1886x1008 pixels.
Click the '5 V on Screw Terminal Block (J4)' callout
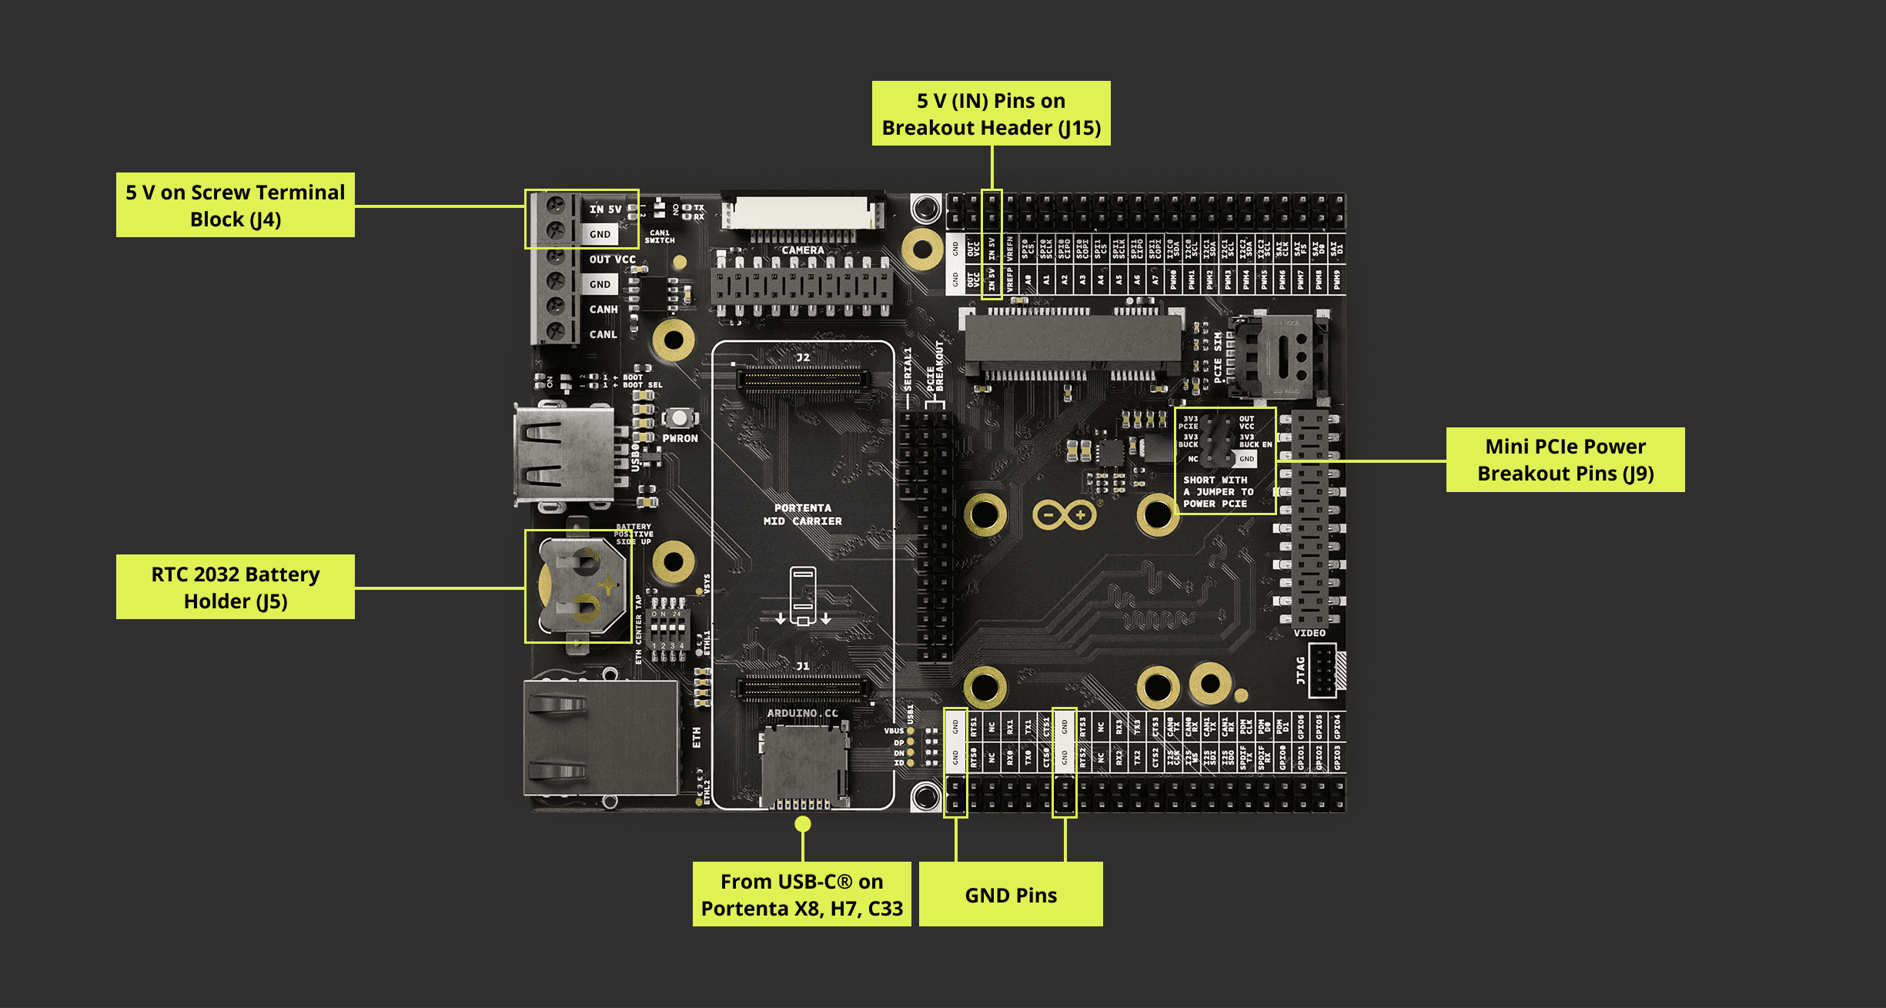(x=235, y=205)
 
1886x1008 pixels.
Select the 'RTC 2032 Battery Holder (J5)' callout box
(x=235, y=587)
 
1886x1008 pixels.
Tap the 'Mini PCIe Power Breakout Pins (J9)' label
(x=1565, y=460)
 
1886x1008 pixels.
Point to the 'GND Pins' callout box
(x=1010, y=895)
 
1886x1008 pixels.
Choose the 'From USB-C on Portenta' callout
(x=801, y=894)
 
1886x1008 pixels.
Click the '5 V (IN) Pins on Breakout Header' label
(x=991, y=113)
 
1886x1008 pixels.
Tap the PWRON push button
(x=679, y=418)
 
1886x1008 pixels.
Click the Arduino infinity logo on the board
(x=1064, y=514)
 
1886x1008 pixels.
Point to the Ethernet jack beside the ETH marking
(x=600, y=738)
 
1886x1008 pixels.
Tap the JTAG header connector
(x=1323, y=670)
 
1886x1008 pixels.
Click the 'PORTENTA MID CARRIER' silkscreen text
(x=802, y=514)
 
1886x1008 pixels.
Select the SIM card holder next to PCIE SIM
(x=1278, y=357)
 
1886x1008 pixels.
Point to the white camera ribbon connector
(x=802, y=213)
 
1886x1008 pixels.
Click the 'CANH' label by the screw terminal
(x=604, y=310)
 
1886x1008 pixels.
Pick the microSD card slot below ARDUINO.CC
(x=804, y=766)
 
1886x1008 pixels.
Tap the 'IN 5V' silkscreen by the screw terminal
(x=605, y=209)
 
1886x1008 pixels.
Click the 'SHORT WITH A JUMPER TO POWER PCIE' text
(x=1218, y=491)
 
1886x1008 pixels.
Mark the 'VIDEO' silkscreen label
(x=1309, y=633)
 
